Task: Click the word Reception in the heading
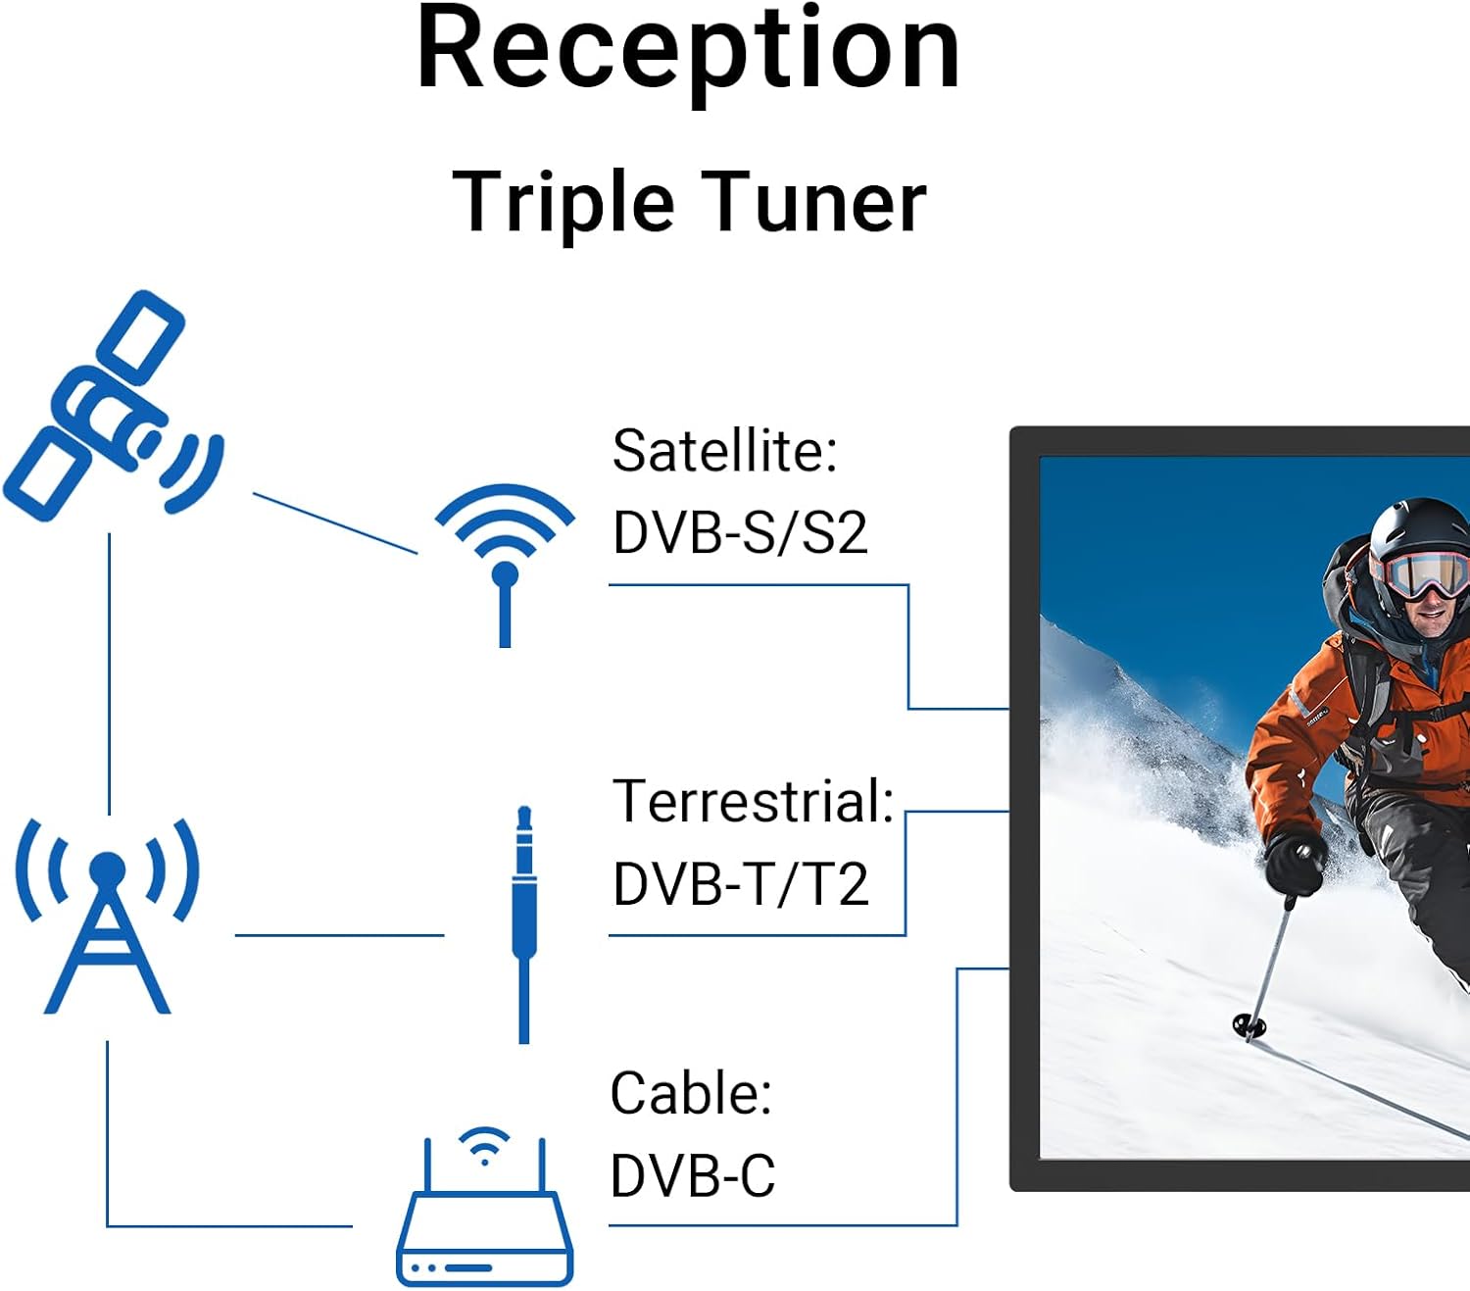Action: [688, 52]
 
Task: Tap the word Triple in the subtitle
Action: [563, 203]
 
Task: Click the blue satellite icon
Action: [114, 407]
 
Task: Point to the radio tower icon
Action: [108, 916]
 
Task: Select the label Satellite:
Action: [725, 451]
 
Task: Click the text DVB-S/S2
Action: [740, 533]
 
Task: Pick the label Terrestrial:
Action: [754, 801]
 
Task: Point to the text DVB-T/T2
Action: [741, 884]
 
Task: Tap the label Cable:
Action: [692, 1093]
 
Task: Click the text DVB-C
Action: [693, 1175]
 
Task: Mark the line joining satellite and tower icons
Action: [109, 673]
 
